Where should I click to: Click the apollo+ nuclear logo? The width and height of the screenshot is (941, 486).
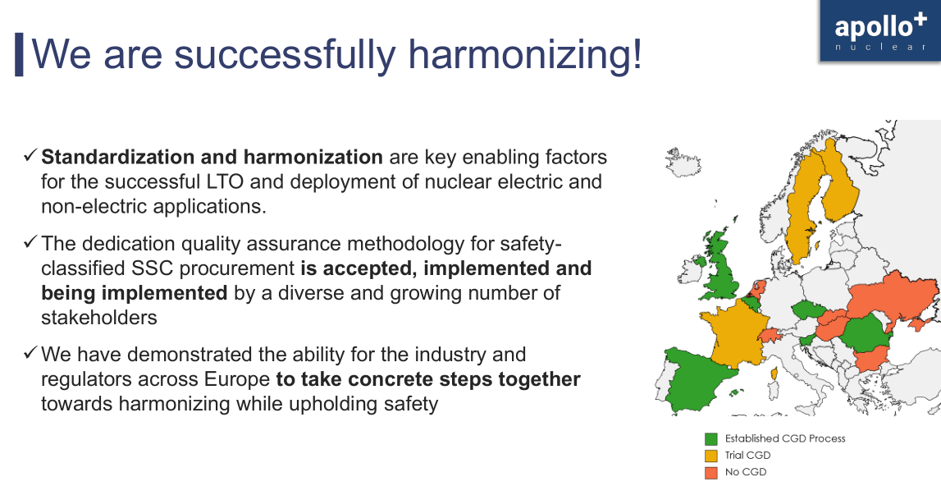click(879, 31)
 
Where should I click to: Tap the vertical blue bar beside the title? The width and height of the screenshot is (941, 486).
click(19, 54)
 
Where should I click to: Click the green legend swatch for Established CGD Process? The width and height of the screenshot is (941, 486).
click(710, 438)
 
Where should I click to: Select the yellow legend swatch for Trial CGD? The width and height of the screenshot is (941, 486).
click(710, 456)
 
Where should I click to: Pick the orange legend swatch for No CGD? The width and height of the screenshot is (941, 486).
click(710, 472)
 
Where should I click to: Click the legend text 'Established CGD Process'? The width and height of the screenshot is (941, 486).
click(784, 438)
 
